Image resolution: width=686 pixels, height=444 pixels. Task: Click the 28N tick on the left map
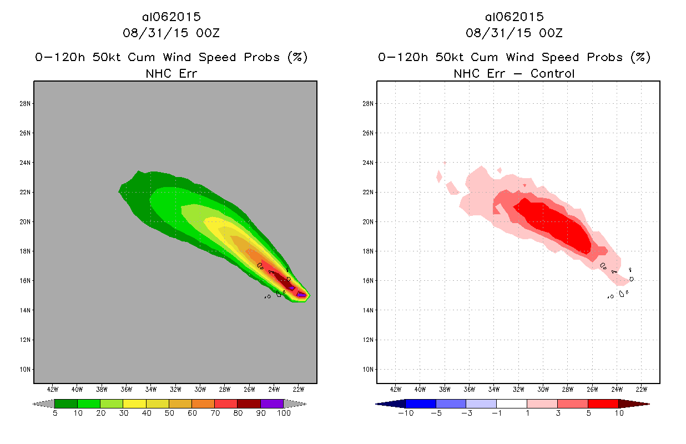point(26,104)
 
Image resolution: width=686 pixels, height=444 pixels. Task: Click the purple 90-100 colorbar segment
point(272,403)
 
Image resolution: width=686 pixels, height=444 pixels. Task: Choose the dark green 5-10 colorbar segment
point(65,403)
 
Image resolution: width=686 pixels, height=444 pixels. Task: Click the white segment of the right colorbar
point(511,403)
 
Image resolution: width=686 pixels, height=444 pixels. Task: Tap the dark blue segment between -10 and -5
point(421,403)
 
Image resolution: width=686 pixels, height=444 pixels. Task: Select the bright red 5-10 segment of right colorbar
point(602,403)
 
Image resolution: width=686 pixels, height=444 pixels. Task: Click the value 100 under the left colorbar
point(284,413)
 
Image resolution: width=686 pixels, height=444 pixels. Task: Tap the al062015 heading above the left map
point(171,17)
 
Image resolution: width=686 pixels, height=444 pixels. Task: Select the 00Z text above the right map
point(552,33)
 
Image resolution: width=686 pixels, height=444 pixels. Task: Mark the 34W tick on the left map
point(150,389)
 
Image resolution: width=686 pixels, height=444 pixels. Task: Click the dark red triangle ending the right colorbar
point(633,403)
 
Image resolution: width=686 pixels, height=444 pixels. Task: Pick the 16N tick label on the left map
point(26,281)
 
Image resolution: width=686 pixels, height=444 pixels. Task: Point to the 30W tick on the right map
point(543,389)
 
